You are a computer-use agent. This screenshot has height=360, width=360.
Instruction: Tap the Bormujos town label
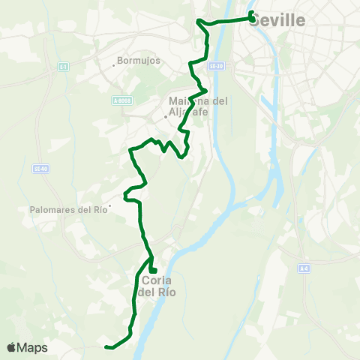(139, 61)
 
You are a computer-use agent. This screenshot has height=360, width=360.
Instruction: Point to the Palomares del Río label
(68, 210)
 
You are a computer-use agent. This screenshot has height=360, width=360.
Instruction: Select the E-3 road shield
(63, 67)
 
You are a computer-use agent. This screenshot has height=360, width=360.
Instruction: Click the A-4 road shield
(303, 268)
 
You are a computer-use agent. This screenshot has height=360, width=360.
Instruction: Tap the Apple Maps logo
(28, 347)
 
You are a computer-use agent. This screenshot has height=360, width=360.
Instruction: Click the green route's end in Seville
(251, 13)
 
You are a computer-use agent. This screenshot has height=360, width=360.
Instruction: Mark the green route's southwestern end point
(106, 346)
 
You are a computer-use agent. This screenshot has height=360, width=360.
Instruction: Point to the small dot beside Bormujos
(113, 64)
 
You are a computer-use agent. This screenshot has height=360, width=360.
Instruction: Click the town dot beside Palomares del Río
(109, 205)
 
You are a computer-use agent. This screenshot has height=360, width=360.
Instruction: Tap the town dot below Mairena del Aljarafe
(166, 117)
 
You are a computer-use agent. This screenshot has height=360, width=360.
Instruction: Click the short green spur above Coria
(152, 264)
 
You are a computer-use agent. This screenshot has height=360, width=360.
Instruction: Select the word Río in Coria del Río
(166, 292)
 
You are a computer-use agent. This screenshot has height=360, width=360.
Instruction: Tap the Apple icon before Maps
(12, 347)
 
